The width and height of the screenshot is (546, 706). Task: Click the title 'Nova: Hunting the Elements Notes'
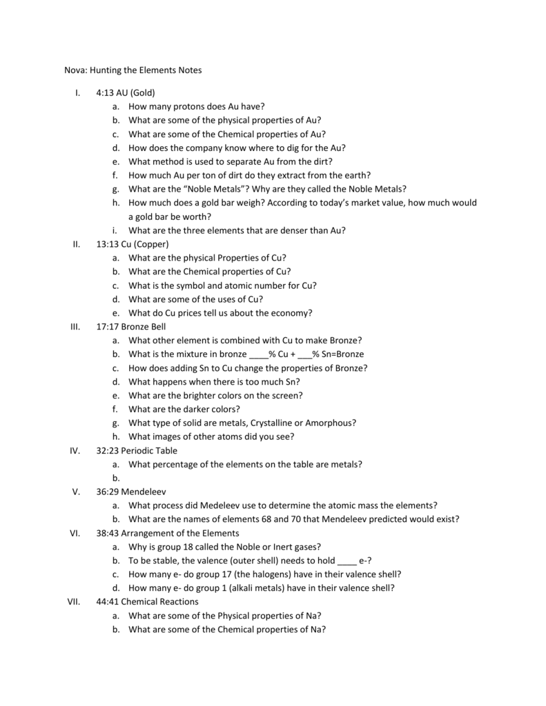128,70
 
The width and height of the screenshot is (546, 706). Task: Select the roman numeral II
77,244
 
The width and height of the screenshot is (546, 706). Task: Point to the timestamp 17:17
108,327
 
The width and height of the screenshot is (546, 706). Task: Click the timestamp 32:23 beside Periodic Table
108,450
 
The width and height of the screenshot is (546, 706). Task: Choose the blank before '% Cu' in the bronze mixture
258,354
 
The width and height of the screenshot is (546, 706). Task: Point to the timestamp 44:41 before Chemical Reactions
108,602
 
